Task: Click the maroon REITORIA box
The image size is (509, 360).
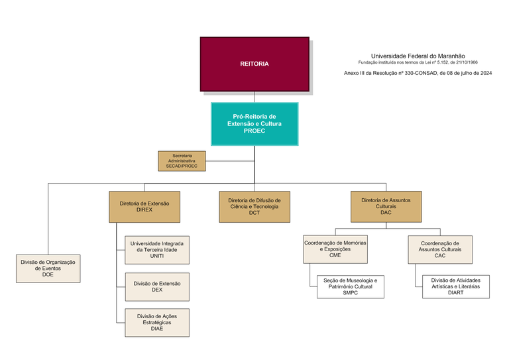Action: tap(254, 64)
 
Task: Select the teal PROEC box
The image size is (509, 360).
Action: tap(254, 123)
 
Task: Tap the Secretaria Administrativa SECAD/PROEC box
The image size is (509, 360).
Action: tap(182, 161)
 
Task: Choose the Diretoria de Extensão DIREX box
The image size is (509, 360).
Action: tap(144, 206)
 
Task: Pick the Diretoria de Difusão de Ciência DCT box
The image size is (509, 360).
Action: tap(254, 206)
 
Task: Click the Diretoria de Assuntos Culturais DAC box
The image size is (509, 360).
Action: tap(386, 206)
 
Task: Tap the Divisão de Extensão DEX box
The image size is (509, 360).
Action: tap(157, 286)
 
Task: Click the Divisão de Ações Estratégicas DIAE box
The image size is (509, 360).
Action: tap(157, 323)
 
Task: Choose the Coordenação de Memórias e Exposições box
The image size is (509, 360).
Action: tap(335, 249)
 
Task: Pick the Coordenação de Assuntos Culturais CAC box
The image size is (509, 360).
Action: tap(440, 249)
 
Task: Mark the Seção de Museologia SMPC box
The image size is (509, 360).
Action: tap(350, 286)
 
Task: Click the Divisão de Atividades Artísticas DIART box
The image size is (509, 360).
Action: tap(455, 286)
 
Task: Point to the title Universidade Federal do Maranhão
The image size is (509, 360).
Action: tap(418, 56)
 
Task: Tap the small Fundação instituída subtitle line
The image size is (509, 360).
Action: tap(418, 62)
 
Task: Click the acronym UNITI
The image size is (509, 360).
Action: tap(157, 257)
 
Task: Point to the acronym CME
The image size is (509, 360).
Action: tap(335, 255)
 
